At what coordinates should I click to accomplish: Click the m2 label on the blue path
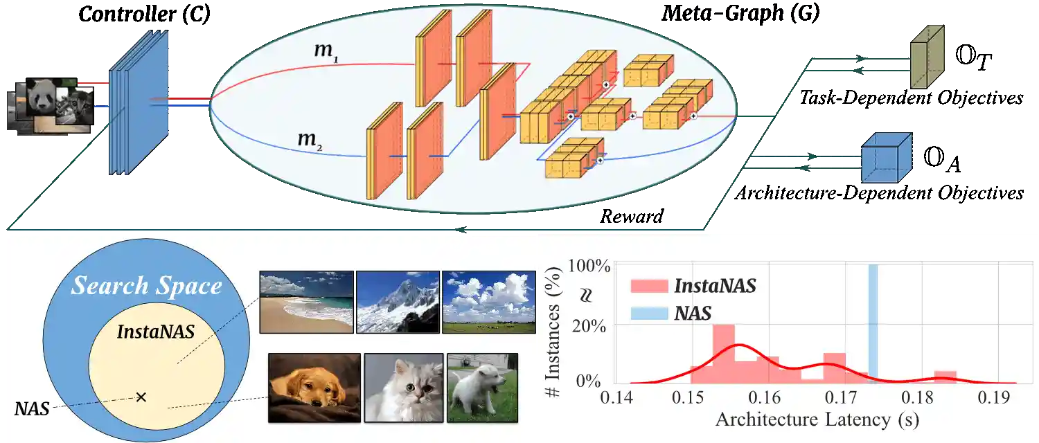click(x=310, y=140)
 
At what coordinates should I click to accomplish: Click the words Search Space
click(x=147, y=286)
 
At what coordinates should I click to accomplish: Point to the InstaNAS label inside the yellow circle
click(x=155, y=332)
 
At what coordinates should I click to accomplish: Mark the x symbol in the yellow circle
click(x=141, y=397)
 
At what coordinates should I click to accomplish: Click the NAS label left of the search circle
click(x=31, y=408)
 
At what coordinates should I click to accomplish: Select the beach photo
click(x=305, y=301)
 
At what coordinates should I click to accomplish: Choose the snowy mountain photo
click(x=397, y=301)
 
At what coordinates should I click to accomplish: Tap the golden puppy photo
click(x=314, y=388)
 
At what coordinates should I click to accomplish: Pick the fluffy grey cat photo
click(x=403, y=388)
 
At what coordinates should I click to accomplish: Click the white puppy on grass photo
click(x=482, y=388)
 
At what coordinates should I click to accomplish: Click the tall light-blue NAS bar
click(x=873, y=322)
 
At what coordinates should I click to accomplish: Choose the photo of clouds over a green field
click(x=488, y=301)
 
